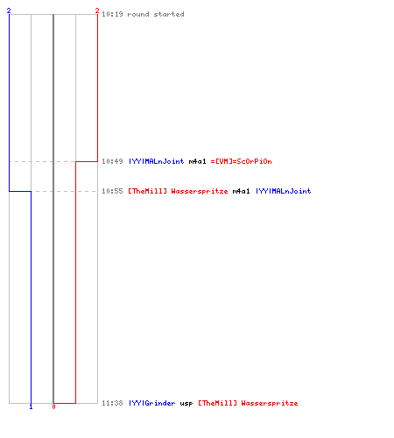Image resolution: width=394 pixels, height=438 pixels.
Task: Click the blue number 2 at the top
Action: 9,11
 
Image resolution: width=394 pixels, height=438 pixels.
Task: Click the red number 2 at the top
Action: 97,11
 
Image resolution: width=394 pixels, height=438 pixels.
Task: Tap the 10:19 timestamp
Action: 112,14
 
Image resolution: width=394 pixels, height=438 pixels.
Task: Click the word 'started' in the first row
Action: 169,14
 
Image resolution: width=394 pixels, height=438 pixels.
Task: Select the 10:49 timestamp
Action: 112,161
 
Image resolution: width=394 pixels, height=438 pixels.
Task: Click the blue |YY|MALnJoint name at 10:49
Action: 157,161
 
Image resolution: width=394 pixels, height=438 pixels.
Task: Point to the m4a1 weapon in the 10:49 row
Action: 198,161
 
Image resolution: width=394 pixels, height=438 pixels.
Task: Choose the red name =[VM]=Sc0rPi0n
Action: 242,161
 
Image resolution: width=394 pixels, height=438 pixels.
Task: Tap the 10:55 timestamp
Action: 112,191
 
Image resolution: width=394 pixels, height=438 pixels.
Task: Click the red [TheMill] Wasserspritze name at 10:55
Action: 178,191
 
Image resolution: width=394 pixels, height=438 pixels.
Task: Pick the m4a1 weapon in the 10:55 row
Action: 242,191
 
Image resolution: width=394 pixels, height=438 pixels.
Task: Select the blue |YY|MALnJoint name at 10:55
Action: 284,191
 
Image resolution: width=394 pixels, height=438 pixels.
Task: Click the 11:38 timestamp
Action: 112,403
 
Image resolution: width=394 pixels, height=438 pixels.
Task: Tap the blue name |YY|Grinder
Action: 152,403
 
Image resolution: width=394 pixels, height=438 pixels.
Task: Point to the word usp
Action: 186,404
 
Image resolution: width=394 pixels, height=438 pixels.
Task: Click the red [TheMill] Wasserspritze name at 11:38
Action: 248,403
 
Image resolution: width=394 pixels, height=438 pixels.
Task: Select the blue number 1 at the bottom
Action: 31,406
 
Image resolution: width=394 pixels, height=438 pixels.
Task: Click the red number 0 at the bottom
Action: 53,406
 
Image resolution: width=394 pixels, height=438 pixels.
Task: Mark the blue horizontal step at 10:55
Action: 20,191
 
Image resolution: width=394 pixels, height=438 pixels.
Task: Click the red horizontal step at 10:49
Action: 87,161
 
